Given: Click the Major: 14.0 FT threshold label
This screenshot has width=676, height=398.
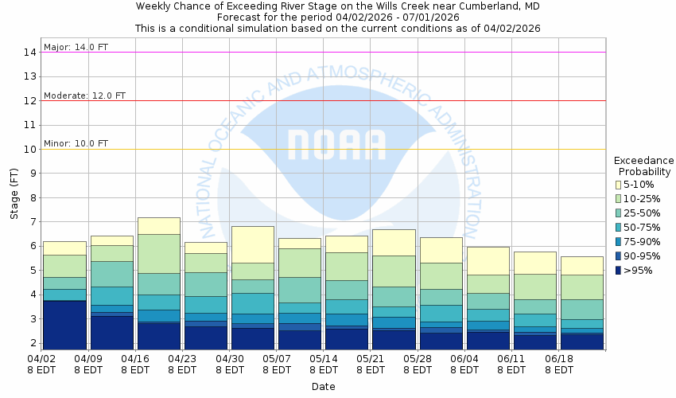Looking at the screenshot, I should [76, 47].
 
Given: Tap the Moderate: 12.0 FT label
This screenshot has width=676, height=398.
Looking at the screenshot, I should [84, 96].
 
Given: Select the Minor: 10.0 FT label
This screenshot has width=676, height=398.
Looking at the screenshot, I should [76, 143].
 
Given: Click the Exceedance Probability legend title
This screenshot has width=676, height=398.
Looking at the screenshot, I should [643, 166].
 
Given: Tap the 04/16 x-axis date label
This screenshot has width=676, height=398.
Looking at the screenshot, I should [135, 364].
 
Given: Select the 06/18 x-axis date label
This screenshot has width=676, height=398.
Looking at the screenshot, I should [558, 364].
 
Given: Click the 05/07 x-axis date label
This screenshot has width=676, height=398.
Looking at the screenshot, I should [276, 364].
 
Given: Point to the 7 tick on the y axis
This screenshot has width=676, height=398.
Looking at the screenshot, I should [34, 222].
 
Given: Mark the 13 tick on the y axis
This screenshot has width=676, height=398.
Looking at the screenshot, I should [31, 76].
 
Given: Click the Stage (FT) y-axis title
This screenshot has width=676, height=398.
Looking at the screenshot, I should [14, 197].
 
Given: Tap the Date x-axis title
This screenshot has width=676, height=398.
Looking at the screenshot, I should [323, 386].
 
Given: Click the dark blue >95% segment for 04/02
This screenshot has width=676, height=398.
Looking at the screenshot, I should [64, 325].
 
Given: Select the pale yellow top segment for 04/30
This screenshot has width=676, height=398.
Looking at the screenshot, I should [252, 244].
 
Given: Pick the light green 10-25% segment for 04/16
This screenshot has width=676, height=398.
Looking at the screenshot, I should [158, 253].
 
